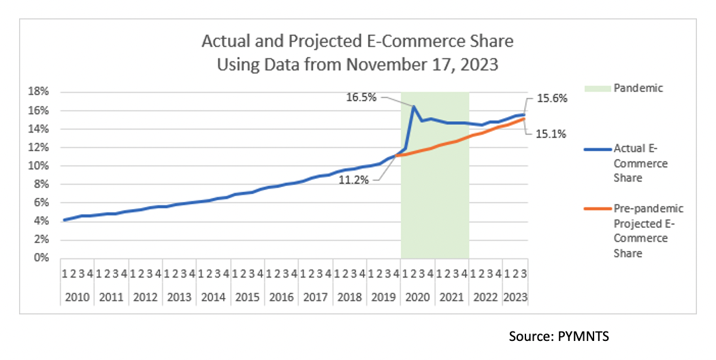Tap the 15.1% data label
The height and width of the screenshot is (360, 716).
[x=551, y=133]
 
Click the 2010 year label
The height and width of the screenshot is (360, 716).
[x=78, y=297]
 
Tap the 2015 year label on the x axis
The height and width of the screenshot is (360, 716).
[x=248, y=297]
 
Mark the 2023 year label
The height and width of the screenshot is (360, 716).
[x=515, y=297]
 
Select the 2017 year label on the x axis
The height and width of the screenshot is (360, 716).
[x=316, y=297]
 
